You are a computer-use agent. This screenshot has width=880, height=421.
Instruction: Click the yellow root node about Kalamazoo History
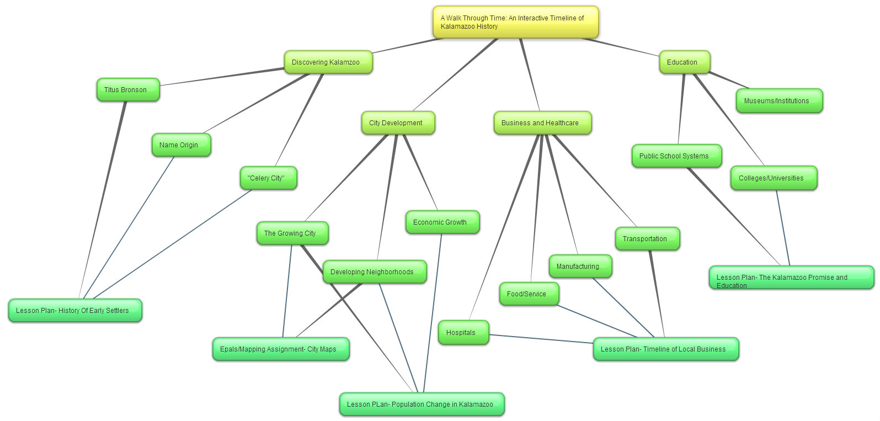pos(515,22)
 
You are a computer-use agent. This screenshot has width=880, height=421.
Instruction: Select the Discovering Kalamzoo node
pos(328,62)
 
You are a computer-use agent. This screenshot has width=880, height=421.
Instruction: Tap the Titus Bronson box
pos(128,90)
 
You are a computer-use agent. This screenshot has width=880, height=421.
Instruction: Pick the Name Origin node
pos(181,145)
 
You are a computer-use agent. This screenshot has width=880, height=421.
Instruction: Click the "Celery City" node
pos(268,178)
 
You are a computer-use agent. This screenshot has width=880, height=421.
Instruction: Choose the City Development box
pos(398,123)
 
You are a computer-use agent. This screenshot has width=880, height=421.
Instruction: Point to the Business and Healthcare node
pos(542,123)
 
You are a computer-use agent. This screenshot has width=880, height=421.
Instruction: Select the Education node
pos(684,62)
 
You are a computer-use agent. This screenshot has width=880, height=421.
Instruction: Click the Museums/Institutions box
pos(778,101)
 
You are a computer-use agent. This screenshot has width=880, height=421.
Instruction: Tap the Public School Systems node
pos(676,156)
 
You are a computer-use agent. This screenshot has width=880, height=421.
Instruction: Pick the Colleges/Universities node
pos(773,178)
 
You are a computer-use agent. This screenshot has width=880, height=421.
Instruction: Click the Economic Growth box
pos(442,222)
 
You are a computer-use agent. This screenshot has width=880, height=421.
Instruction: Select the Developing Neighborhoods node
pos(374,272)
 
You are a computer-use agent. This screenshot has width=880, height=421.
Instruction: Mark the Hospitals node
pos(463,333)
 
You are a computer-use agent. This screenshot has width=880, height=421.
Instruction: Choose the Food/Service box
pos(529,294)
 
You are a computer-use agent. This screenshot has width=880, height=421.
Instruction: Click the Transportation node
pos(647,239)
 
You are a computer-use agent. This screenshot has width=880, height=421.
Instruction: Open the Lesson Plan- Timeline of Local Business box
pos(665,349)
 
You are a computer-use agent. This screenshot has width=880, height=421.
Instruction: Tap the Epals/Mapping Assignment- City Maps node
pos(280,349)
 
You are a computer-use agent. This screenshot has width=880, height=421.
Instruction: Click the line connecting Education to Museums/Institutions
pos(729,80)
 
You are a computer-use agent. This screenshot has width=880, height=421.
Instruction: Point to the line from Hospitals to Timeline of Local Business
pos(541,339)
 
